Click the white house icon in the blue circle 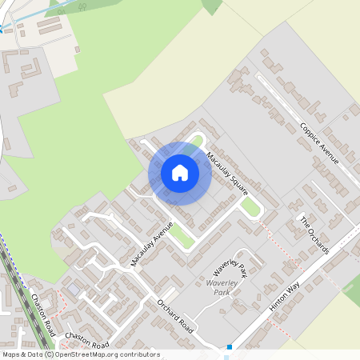click(180, 172)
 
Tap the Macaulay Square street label click(227, 174)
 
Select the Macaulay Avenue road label click(152, 244)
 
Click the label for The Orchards click(314, 234)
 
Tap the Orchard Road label click(176, 316)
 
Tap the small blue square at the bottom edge click(230, 347)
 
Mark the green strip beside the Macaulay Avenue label click(182, 238)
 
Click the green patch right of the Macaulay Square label click(250, 207)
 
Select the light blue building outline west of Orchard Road click(74, 287)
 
